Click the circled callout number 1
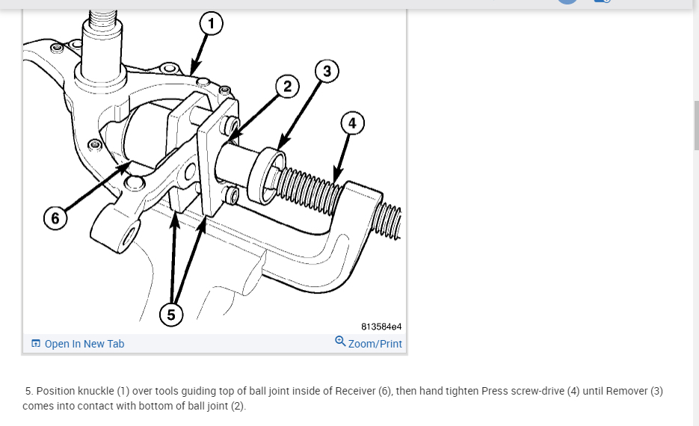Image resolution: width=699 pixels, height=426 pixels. (211, 25)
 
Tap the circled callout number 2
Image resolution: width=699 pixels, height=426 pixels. (287, 87)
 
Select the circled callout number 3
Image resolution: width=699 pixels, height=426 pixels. (327, 71)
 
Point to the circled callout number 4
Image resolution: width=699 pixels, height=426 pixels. (352, 123)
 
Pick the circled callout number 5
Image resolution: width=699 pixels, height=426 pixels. (171, 315)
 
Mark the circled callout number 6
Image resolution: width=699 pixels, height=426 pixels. (55, 219)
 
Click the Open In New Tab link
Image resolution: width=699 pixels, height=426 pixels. (84, 344)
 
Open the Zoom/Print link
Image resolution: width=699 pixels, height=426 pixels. (375, 344)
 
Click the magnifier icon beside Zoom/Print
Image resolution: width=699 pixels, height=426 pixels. (340, 342)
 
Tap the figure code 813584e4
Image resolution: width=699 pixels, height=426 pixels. (381, 327)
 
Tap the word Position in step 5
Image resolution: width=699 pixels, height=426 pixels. (57, 391)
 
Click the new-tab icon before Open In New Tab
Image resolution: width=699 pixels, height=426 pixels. (36, 344)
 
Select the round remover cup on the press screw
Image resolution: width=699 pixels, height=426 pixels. (269, 170)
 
